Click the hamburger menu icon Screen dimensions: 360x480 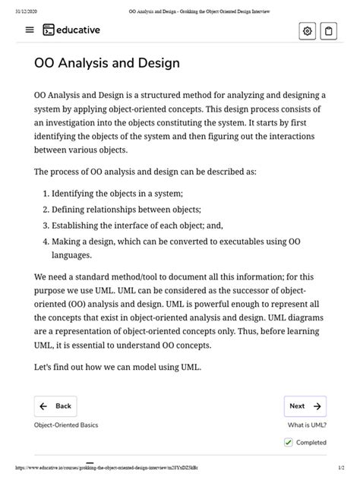30,30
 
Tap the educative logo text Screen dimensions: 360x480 76,30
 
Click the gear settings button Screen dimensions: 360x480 307,31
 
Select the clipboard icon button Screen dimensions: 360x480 329,31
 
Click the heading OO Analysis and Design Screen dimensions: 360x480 107,63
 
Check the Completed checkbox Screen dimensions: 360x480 289,443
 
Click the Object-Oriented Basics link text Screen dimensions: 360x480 66,425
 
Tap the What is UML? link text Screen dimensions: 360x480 307,425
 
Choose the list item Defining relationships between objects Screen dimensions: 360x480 126,209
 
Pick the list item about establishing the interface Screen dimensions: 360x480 137,226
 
